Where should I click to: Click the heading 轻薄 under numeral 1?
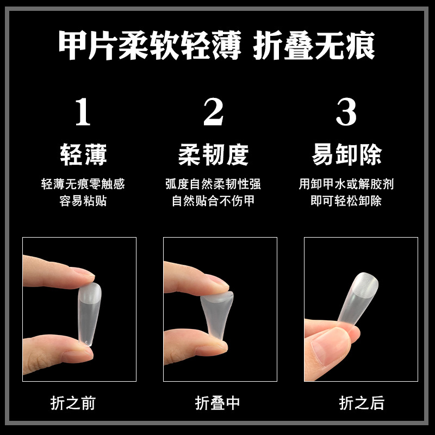83,154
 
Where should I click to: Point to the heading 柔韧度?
213,154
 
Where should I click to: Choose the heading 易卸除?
346,154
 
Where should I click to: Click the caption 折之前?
73,403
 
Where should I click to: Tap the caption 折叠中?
217,403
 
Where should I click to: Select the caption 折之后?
362,403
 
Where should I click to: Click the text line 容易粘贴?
83,201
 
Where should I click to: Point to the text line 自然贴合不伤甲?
213,201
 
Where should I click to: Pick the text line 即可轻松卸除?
346,201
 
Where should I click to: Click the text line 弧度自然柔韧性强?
213,184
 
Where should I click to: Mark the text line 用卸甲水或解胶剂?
346,184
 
